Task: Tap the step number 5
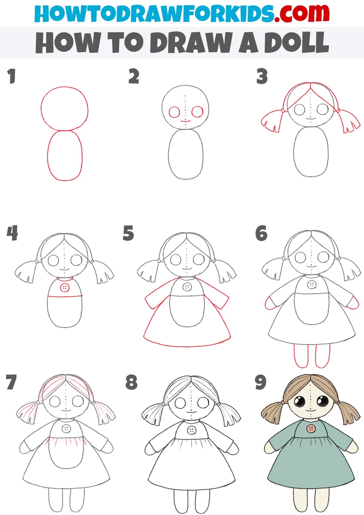(128, 233)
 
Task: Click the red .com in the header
(301, 13)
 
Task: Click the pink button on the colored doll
(311, 429)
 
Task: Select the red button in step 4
(65, 287)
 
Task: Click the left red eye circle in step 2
(174, 112)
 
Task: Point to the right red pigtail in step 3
(348, 120)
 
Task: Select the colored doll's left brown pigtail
(272, 413)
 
